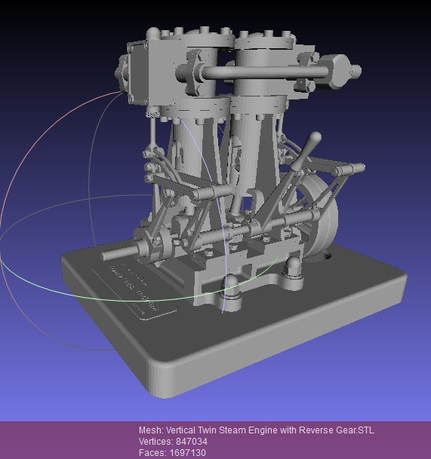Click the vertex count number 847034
tap(190, 442)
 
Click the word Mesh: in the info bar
tap(151, 430)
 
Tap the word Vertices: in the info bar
tap(155, 442)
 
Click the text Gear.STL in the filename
tap(354, 430)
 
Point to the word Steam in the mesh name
tap(235, 430)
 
